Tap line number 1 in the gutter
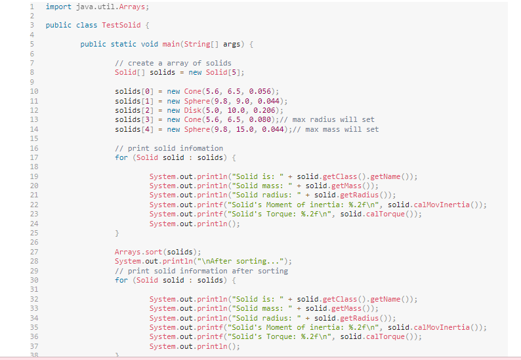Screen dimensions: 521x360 point(31,7)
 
